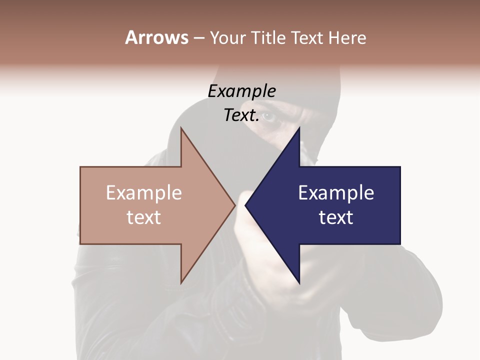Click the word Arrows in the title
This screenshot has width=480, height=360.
[156, 37]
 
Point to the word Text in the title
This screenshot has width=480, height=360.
[307, 37]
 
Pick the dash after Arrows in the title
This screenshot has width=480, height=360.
[198, 38]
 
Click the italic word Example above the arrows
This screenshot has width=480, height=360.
[241, 91]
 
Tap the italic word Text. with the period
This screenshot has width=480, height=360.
[241, 115]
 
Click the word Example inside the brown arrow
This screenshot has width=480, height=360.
[143, 193]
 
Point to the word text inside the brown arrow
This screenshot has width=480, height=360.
[143, 217]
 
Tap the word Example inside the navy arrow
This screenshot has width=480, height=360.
[336, 193]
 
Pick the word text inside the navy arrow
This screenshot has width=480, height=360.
[336, 217]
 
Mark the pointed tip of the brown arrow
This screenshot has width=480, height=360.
[234, 205]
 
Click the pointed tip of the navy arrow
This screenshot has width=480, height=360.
[246, 205]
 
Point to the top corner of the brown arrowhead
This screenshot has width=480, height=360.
[181, 128]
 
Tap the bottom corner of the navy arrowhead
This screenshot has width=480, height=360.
[299, 282]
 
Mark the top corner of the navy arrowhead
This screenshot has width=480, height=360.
[299, 128]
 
